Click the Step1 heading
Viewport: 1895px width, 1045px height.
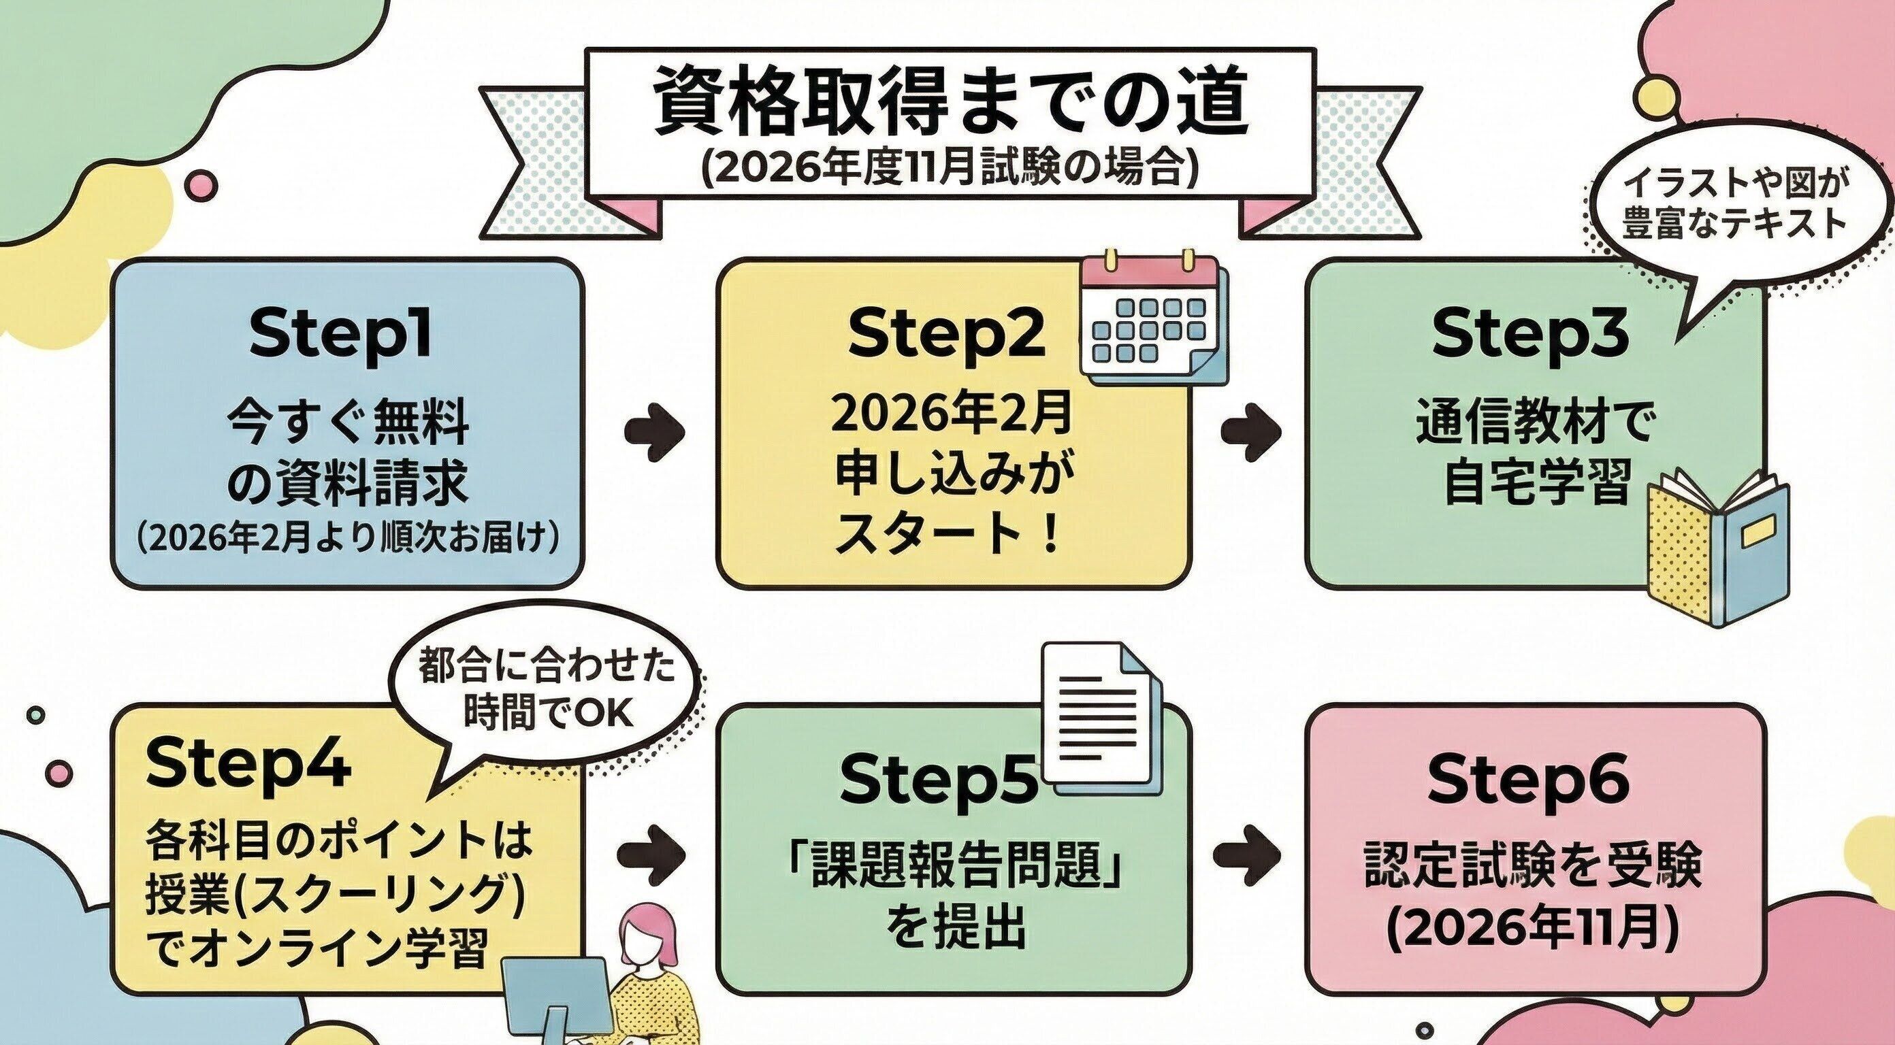click(x=340, y=335)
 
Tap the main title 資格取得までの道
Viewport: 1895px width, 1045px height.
click(x=949, y=103)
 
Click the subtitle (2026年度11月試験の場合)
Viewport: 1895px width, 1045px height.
click(x=949, y=171)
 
